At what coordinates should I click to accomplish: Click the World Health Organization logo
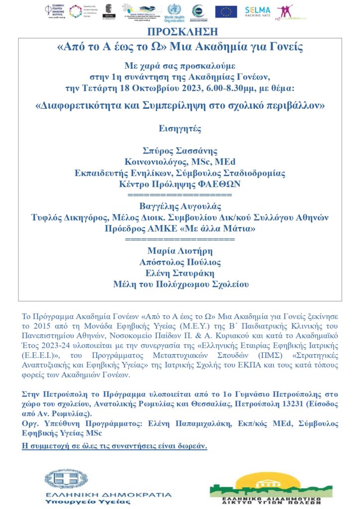point(175,11)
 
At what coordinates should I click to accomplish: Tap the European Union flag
point(226,11)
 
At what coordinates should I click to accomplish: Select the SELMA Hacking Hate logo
point(257,11)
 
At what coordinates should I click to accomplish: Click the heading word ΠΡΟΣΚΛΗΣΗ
point(182,32)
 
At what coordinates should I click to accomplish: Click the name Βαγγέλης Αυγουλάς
point(180,206)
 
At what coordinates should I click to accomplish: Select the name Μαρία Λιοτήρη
point(180,251)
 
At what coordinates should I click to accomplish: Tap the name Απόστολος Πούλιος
point(180,262)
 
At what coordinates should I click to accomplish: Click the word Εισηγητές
point(180,128)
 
